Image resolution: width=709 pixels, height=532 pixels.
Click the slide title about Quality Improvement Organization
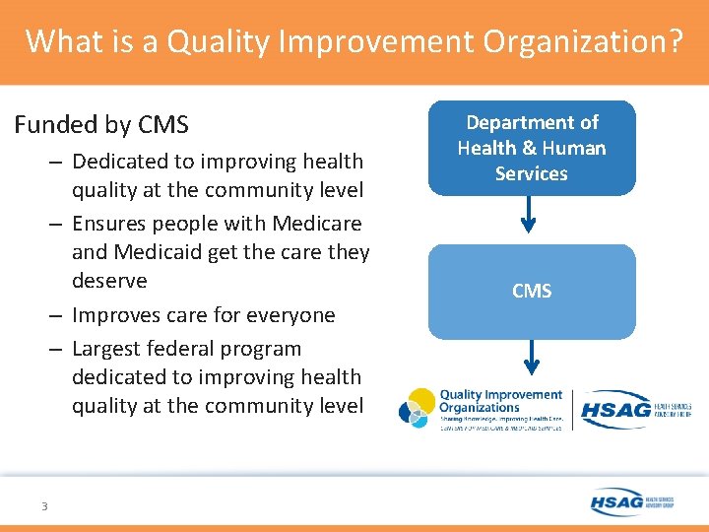[354, 41]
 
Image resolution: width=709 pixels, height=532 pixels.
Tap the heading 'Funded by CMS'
[100, 125]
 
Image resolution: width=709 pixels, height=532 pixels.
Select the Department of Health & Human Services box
[532, 148]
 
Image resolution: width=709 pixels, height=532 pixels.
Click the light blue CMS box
[532, 292]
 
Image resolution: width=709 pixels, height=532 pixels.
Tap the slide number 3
[44, 506]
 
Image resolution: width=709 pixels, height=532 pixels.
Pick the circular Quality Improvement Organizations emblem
[418, 409]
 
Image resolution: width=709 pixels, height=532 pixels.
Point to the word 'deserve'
[109, 281]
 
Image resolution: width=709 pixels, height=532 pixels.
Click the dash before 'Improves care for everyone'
[55, 315]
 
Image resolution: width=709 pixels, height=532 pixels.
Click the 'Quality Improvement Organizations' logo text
[500, 401]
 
